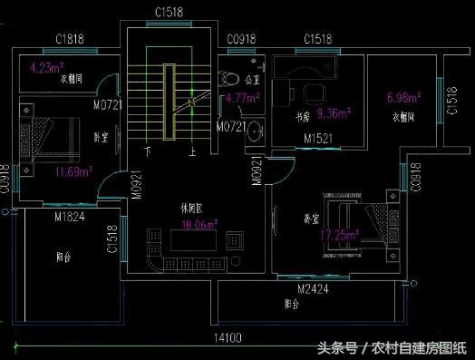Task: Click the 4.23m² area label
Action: click(x=45, y=66)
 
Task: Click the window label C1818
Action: click(x=70, y=40)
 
